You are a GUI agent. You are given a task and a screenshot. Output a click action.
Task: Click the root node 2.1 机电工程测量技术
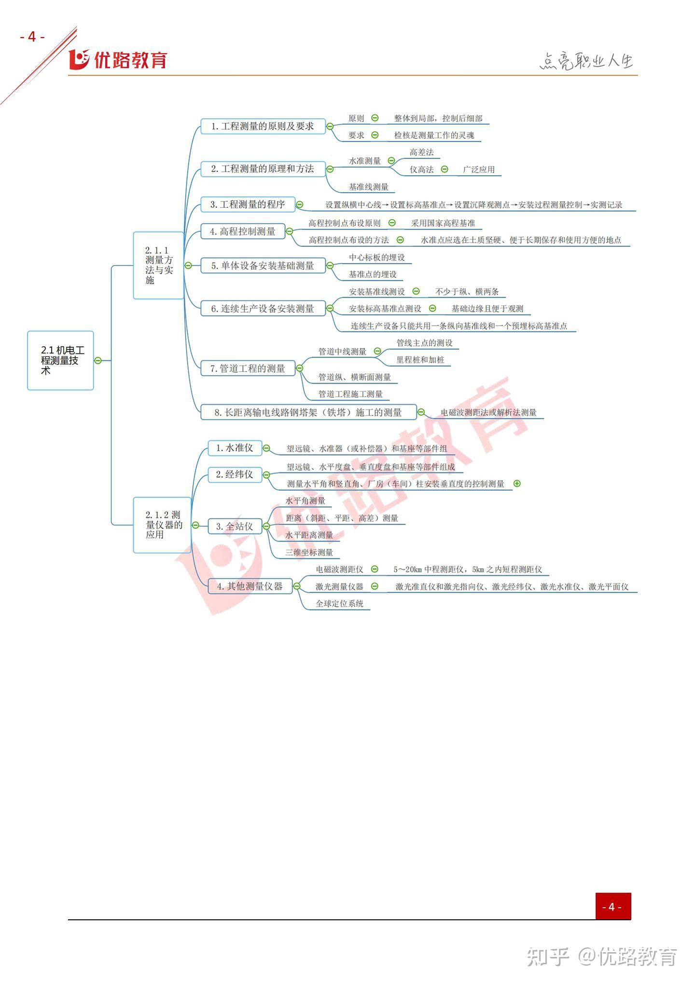click(x=60, y=360)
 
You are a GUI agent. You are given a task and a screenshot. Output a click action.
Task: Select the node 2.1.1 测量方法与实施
click(x=158, y=265)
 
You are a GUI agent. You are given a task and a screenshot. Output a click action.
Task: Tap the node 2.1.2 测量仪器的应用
click(x=162, y=525)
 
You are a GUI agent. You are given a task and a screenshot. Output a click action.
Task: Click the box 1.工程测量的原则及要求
click(x=263, y=127)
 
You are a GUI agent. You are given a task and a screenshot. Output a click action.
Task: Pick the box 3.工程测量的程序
click(x=248, y=204)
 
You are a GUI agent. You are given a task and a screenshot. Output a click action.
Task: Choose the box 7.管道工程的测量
click(x=248, y=369)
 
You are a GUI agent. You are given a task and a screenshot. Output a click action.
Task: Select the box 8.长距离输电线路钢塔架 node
click(x=308, y=412)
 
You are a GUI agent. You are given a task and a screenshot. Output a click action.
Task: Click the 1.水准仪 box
click(x=235, y=448)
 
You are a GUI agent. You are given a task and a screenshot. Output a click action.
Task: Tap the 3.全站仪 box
click(x=235, y=526)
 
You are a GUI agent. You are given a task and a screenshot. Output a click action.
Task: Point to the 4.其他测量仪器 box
click(x=250, y=586)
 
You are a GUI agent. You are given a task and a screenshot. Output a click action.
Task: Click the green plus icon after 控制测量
click(x=517, y=484)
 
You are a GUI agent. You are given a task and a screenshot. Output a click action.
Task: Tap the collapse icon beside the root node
click(x=98, y=360)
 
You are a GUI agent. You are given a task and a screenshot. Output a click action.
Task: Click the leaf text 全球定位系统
click(x=339, y=603)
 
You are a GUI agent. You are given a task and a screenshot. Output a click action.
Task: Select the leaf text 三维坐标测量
click(x=309, y=552)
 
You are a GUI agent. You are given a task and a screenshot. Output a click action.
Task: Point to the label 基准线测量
click(x=369, y=187)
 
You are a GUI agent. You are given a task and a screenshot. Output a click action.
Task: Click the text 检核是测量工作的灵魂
click(x=434, y=135)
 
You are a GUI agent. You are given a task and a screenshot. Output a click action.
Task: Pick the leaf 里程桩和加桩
click(x=420, y=360)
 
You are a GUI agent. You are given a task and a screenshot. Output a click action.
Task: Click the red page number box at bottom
click(x=613, y=906)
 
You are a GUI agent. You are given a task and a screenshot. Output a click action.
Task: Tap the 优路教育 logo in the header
click(x=118, y=59)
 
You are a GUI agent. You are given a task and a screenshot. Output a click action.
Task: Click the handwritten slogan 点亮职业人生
click(x=586, y=61)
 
